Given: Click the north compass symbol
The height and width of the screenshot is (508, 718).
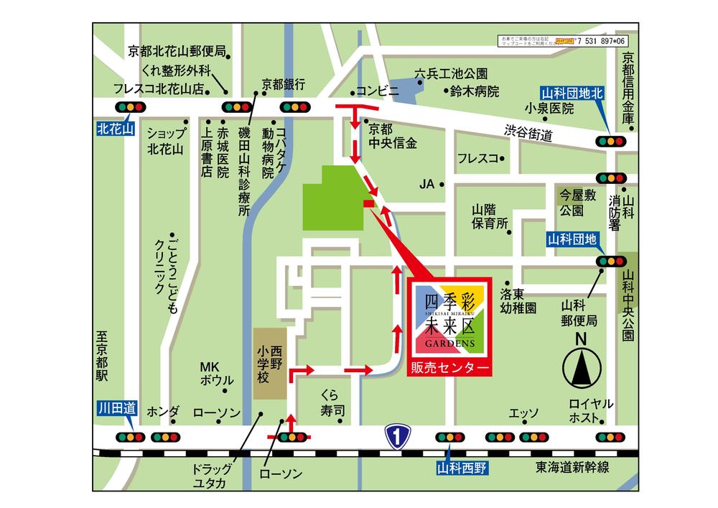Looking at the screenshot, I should pos(582,366).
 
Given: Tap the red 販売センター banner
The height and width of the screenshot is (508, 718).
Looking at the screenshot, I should pos(451,367).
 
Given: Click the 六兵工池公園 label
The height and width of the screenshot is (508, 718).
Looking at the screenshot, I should pos(451,73).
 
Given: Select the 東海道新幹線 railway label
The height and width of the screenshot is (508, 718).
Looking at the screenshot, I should pos(572,468).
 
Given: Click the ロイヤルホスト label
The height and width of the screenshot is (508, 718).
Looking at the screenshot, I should pos(590,410).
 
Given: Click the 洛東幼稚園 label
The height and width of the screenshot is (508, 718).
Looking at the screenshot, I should pos(518,301).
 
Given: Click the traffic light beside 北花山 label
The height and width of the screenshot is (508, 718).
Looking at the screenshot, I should pos(132,107).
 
